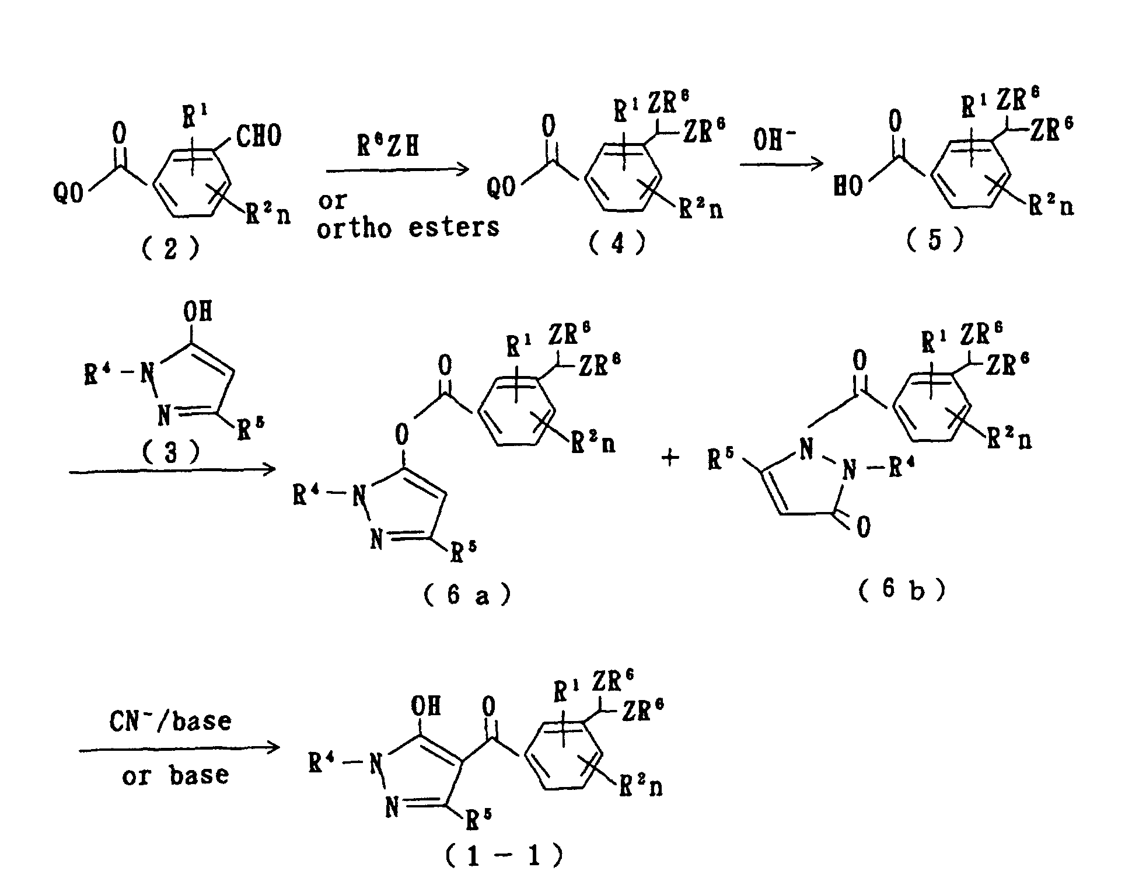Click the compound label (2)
coord(170,248)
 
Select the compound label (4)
coord(617,243)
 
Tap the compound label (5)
coord(935,239)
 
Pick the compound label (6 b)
coord(902,590)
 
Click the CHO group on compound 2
coord(259,135)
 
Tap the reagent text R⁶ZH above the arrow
coord(389,147)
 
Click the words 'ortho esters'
coord(408,227)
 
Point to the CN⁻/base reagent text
coord(170,722)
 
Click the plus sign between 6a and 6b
coord(670,458)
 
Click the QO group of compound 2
coord(69,193)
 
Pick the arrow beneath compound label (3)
coord(172,470)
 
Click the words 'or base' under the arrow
coord(175,776)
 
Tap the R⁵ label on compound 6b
coord(721,461)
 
